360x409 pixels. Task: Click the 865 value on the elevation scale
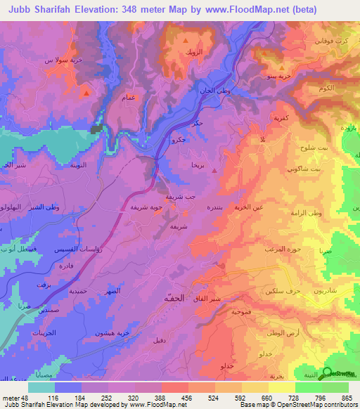point(347,398)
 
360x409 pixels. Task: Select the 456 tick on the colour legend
point(188,398)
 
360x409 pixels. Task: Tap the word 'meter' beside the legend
point(9,398)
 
